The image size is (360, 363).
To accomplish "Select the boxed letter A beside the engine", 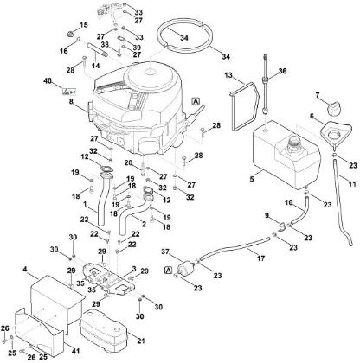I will (197, 102).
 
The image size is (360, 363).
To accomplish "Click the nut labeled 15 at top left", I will (61, 35).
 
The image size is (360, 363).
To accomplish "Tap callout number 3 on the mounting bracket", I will (135, 271).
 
